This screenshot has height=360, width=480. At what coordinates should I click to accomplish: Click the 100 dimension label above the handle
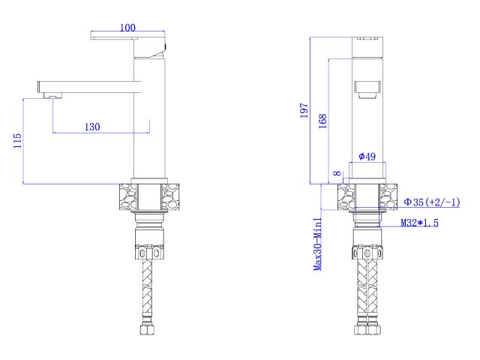click(127, 28)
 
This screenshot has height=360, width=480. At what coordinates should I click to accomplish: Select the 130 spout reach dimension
click(91, 127)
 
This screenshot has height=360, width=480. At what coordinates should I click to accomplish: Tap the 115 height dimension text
click(16, 140)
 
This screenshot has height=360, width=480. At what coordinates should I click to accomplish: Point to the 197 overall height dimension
click(304, 110)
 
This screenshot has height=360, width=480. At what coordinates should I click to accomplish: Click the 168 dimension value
click(322, 121)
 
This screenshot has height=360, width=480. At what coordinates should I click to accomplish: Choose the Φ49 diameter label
click(367, 156)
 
